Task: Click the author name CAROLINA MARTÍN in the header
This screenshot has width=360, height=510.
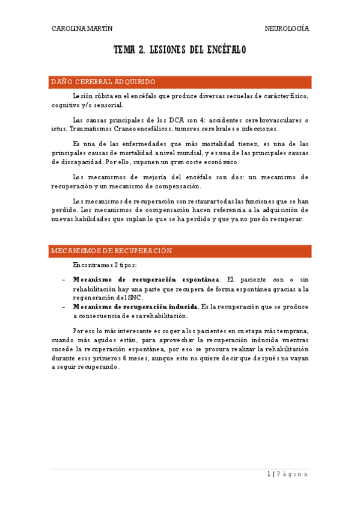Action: pyautogui.click(x=82, y=28)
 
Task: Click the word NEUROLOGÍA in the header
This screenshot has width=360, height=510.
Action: pyautogui.click(x=287, y=28)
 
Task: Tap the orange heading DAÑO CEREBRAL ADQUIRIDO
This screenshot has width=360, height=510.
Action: pyautogui.click(x=103, y=82)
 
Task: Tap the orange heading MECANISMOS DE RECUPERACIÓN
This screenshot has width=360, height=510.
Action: pyautogui.click(x=112, y=251)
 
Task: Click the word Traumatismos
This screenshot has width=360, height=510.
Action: pyautogui.click(x=88, y=129)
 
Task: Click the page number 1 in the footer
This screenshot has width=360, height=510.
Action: pyautogui.click(x=269, y=474)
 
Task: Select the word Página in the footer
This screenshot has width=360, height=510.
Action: pyautogui.click(x=293, y=474)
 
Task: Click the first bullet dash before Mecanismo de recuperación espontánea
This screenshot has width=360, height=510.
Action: pyautogui.click(x=64, y=280)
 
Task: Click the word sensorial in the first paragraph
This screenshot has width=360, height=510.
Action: pyautogui.click(x=107, y=105)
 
